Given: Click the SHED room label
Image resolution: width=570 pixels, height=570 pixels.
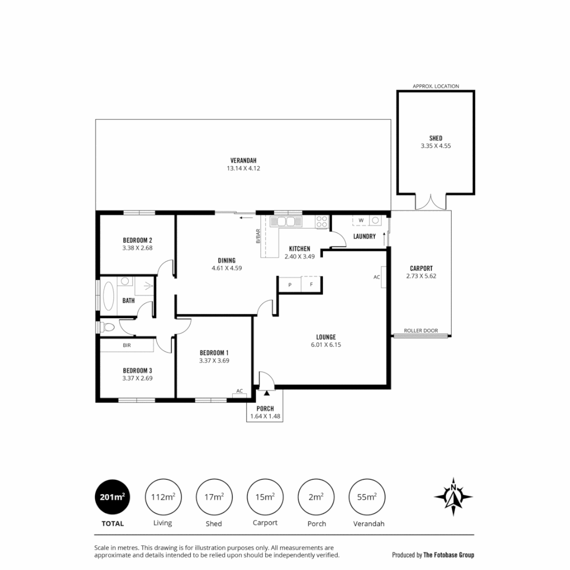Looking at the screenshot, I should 435,138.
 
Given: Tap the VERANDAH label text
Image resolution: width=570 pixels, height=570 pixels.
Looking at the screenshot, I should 243,160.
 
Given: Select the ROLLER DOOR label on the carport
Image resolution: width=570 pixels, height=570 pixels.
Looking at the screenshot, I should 421,330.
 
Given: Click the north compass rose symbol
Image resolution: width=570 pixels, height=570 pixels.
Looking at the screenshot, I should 453,497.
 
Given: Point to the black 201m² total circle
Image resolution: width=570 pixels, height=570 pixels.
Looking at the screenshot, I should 112,497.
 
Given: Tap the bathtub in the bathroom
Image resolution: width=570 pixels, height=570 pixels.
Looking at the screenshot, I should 109,295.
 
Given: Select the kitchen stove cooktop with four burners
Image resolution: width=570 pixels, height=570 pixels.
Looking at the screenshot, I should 322,222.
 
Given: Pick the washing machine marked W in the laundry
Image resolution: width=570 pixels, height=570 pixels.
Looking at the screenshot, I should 361,220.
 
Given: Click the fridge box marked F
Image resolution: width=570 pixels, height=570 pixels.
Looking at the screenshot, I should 311,284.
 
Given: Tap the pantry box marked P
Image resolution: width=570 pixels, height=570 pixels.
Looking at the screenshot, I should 290,284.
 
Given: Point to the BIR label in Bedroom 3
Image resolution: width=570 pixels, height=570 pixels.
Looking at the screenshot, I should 127,345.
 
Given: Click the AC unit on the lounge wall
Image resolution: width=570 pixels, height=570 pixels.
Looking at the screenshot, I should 383,277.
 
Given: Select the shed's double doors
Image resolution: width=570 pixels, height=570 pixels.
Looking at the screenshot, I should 431,202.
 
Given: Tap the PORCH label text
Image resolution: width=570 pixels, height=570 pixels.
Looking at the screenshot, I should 265,408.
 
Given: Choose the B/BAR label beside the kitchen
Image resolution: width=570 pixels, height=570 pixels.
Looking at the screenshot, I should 258,235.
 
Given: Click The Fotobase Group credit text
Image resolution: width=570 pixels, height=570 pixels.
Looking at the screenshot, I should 448,555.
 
